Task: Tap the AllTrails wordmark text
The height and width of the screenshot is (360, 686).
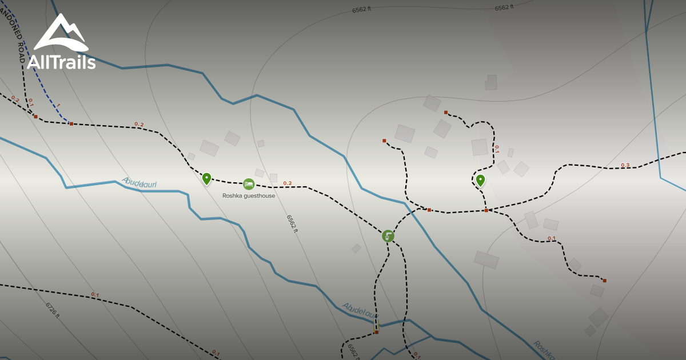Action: (x=61, y=62)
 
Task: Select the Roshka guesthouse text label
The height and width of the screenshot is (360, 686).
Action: (x=249, y=195)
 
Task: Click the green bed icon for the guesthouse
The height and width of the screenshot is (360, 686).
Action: (x=249, y=184)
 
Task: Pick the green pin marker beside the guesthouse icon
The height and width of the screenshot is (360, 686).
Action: (x=206, y=179)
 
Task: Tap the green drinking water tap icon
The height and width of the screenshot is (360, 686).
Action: (x=388, y=236)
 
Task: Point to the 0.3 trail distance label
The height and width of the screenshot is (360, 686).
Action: (x=625, y=166)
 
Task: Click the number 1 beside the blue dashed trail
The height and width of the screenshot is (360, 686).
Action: (x=58, y=106)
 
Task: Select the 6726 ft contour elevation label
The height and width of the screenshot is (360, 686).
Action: (x=53, y=310)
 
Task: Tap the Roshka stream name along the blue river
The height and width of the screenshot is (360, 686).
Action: (x=544, y=350)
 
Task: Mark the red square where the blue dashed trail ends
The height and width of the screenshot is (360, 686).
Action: (x=71, y=123)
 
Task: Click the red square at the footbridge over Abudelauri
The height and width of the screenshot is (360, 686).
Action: (x=376, y=332)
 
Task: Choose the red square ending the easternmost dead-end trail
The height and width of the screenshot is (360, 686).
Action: (x=604, y=281)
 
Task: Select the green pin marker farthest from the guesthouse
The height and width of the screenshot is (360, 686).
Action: (x=480, y=181)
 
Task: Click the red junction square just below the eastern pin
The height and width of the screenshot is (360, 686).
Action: (x=486, y=210)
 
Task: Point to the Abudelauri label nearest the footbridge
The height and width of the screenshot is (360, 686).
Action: (x=360, y=311)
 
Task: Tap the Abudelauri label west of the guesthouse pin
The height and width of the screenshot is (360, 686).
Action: (x=139, y=183)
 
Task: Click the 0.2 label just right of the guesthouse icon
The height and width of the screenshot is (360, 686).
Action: (x=287, y=183)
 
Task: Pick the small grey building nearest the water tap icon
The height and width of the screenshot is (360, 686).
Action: (x=356, y=248)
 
